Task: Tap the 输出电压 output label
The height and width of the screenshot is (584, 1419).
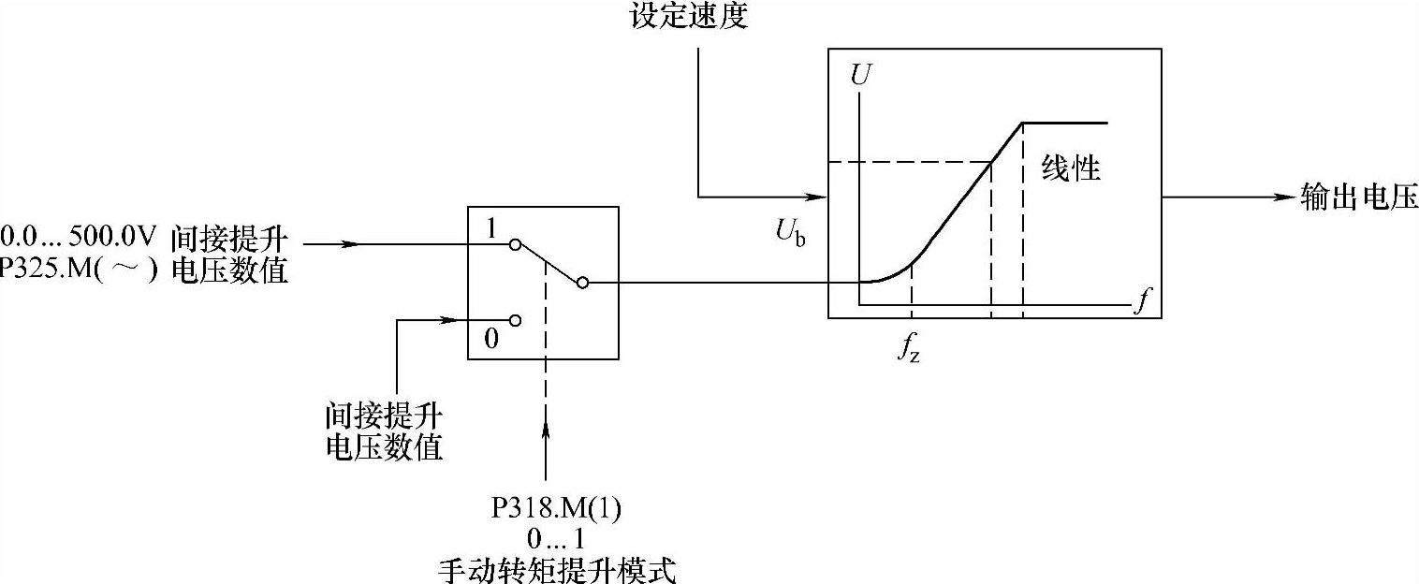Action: click(x=1359, y=197)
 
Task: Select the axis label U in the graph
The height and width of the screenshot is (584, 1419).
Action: click(x=857, y=74)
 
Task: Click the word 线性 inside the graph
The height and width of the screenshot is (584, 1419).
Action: click(x=1072, y=168)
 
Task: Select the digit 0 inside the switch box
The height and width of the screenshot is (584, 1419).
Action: click(x=490, y=338)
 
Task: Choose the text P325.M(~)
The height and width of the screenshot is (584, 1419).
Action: click(x=79, y=270)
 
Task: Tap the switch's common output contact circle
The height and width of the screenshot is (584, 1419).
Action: click(x=583, y=282)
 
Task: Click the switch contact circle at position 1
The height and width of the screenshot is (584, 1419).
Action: click(x=513, y=244)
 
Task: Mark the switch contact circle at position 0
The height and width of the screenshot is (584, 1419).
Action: click(x=514, y=319)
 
